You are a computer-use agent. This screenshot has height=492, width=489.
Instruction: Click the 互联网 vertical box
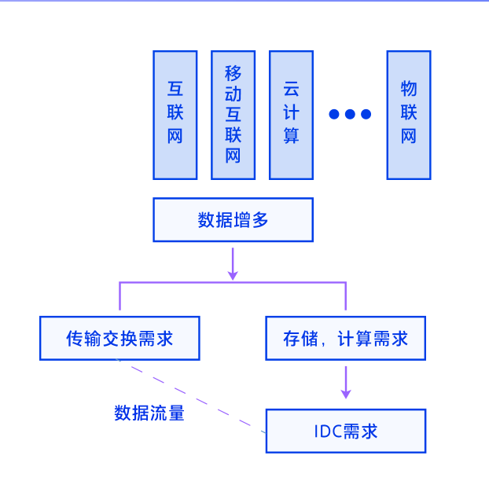pos(175,115)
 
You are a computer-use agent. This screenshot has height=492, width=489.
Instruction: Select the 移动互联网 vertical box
pos(233,115)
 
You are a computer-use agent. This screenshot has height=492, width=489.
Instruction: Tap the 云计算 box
pos(291,115)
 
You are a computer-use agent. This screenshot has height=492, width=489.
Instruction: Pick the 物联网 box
pos(408,115)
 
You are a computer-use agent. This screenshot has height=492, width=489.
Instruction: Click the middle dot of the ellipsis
pos(349,114)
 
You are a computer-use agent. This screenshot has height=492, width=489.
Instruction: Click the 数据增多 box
pos(233,219)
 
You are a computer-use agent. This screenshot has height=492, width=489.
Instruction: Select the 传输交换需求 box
pos(119,338)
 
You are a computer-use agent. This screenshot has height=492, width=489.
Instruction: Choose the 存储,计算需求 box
pos(345,338)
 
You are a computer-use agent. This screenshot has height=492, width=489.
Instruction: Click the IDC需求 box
pos(345,431)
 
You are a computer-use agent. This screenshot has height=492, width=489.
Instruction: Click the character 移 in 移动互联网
pos(233,74)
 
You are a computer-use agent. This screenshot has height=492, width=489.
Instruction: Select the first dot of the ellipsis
pos(333,114)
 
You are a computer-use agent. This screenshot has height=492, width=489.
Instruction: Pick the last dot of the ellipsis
pos(365,114)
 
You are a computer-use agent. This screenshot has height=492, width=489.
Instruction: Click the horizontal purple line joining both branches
pos(233,282)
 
